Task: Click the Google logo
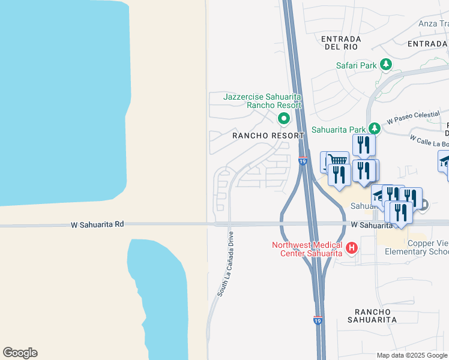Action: [20, 353]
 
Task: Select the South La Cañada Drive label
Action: [226, 262]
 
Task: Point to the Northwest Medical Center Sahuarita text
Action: [307, 248]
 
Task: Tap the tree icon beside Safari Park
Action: [387, 64]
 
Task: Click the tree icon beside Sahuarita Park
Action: [375, 128]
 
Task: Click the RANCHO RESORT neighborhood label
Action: [268, 136]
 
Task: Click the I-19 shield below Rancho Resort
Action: [303, 161]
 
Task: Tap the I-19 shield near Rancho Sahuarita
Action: [318, 321]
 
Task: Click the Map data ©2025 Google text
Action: [412, 355]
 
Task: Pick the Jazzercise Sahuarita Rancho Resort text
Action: [262, 100]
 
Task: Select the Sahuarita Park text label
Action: [339, 129]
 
